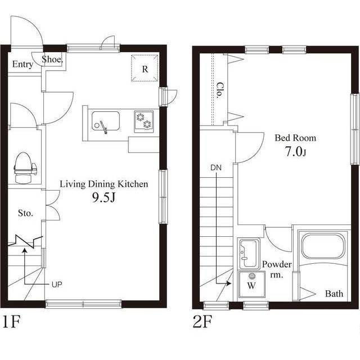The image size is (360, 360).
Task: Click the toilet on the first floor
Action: (25, 168)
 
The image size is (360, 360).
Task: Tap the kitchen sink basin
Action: (106, 121)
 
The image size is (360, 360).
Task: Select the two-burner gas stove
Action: (144, 121)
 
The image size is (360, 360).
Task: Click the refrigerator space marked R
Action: (145, 68)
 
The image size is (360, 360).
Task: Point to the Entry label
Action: (22, 64)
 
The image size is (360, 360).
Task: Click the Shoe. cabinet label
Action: (52, 60)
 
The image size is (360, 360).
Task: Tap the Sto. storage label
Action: (25, 213)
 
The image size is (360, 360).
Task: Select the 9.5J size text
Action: (103, 197)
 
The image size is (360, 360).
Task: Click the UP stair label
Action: (57, 285)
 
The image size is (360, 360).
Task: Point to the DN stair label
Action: (216, 168)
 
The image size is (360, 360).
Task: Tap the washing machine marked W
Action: (251, 285)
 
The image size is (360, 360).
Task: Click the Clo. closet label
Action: (220, 90)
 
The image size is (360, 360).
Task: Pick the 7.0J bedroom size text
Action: (295, 152)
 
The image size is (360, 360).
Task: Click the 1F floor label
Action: (11, 322)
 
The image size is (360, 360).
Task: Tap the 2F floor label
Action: (202, 322)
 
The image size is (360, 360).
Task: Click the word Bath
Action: (334, 294)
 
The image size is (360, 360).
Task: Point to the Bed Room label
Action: (295, 138)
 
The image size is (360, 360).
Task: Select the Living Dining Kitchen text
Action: (103, 184)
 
